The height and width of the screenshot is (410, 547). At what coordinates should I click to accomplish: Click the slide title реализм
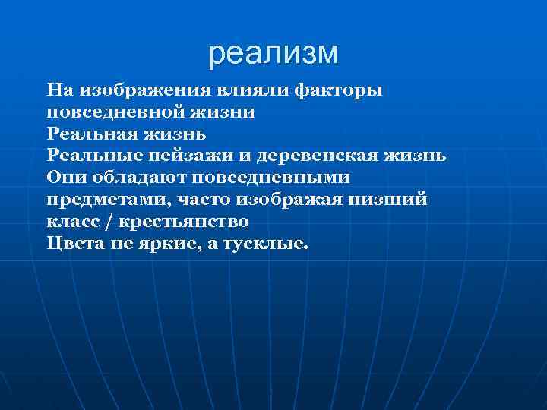tap(273, 53)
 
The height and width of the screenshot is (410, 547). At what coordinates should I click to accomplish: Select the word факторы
tap(337, 90)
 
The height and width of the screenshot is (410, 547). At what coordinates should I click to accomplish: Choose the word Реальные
tap(90, 156)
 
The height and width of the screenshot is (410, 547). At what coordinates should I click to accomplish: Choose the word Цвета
tap(72, 244)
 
